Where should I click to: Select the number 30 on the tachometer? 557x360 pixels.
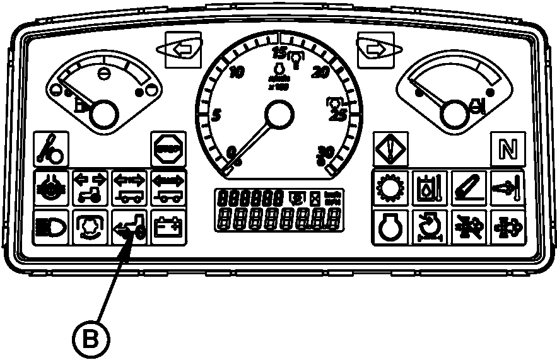[x=325, y=152]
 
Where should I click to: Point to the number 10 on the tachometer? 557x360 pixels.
[x=237, y=73]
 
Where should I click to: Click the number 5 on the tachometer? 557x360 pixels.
[x=216, y=115]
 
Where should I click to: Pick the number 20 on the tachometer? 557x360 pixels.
[x=321, y=73]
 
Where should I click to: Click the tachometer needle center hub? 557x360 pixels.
[x=278, y=116]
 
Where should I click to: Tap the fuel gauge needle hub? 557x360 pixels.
[x=103, y=115]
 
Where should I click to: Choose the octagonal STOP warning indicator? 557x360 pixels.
[x=168, y=149]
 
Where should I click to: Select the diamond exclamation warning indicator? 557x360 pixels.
[x=390, y=149]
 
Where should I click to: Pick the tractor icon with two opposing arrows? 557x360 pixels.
[x=90, y=187]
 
